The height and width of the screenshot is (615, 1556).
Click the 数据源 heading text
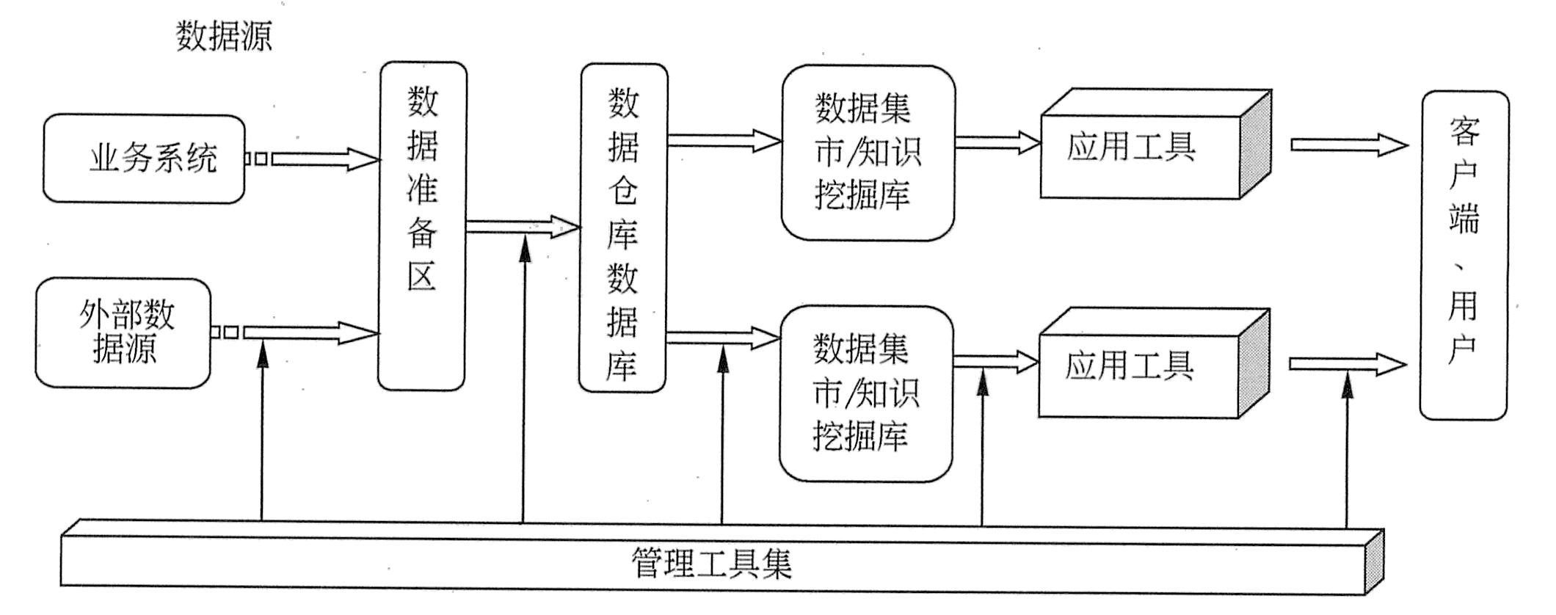[224, 36]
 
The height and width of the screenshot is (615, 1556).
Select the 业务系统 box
[144, 159]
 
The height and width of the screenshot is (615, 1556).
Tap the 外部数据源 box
[123, 332]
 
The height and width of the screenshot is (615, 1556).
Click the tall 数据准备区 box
[422, 225]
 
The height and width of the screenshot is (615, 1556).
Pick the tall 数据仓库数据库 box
[623, 228]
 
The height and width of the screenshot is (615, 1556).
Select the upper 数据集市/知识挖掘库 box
[868, 153]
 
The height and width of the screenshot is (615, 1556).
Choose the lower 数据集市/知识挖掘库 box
[865, 393]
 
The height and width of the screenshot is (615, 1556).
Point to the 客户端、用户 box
[1464, 255]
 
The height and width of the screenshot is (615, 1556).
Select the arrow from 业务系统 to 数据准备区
[323, 159]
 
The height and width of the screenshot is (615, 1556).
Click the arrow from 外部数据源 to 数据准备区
[308, 332]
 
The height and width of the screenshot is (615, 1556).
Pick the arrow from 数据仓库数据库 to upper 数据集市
[724, 140]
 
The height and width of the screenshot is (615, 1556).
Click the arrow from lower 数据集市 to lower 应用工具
[995, 362]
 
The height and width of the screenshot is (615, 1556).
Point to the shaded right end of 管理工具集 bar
[1373, 562]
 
